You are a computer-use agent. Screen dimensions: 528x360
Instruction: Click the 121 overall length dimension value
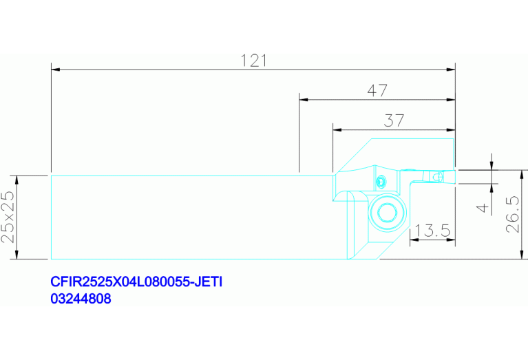coord(254,61)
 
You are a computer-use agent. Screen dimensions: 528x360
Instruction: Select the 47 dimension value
coord(377,91)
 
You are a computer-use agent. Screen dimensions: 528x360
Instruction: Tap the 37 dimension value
coord(394,120)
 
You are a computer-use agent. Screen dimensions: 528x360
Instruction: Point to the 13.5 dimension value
coord(432,231)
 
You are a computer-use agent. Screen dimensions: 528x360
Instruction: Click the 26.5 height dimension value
coord(513,215)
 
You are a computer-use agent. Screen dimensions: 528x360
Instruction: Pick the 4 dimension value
coord(483,207)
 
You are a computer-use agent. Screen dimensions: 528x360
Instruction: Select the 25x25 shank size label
coord(8,217)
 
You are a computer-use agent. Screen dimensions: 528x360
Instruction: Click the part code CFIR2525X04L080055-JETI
coord(136,282)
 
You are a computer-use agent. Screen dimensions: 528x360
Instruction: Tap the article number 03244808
coord(81,299)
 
